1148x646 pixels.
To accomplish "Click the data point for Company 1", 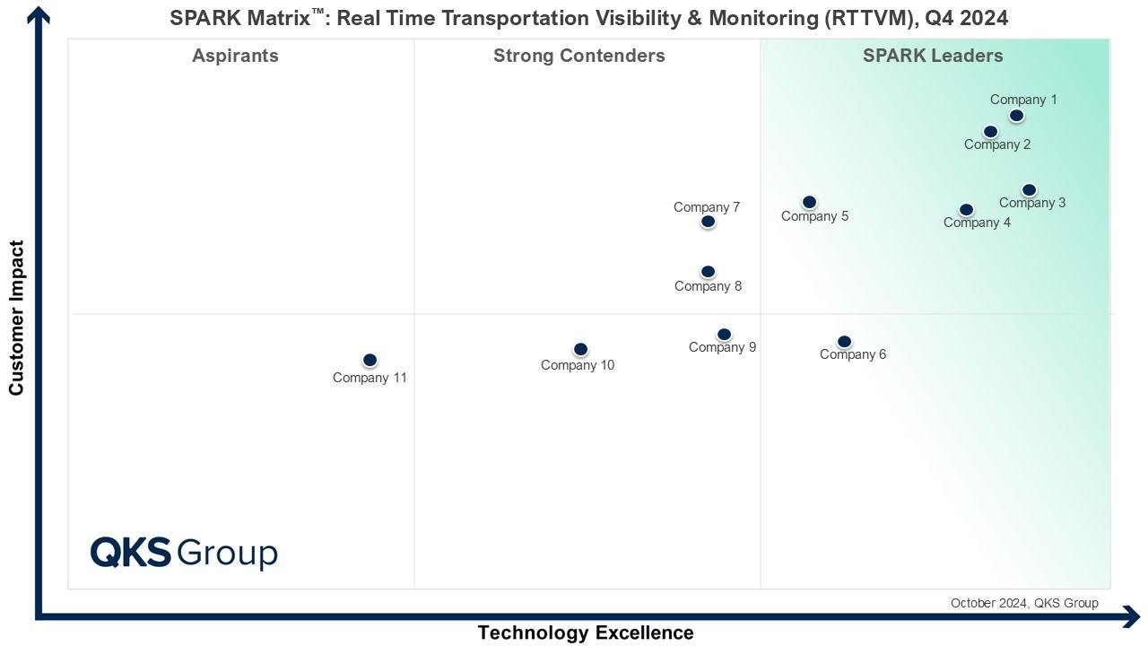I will click(1016, 116).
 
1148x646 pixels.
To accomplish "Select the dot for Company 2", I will click(990, 132).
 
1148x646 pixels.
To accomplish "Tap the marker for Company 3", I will click(1029, 190).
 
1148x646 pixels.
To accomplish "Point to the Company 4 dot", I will click(966, 210).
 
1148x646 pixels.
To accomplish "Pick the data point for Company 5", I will click(809, 203).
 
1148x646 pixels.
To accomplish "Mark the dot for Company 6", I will click(844, 342).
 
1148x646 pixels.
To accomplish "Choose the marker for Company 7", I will click(708, 222).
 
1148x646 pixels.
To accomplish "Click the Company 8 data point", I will click(708, 272).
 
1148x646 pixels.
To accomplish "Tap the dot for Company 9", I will click(724, 335).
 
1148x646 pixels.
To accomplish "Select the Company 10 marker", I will click(580, 349).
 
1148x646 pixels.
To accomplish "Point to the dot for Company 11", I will click(370, 360).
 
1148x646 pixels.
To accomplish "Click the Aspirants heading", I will click(235, 56).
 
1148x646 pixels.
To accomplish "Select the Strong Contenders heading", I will click(579, 56).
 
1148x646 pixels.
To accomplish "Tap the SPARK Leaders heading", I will click(933, 56).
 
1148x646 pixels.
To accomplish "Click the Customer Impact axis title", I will click(16, 318).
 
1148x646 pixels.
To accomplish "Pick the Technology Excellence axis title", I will click(586, 633).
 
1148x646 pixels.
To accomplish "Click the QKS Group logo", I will click(184, 553).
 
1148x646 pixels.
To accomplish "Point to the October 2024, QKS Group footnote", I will click(1024, 603).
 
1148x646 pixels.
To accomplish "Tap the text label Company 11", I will click(370, 378).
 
